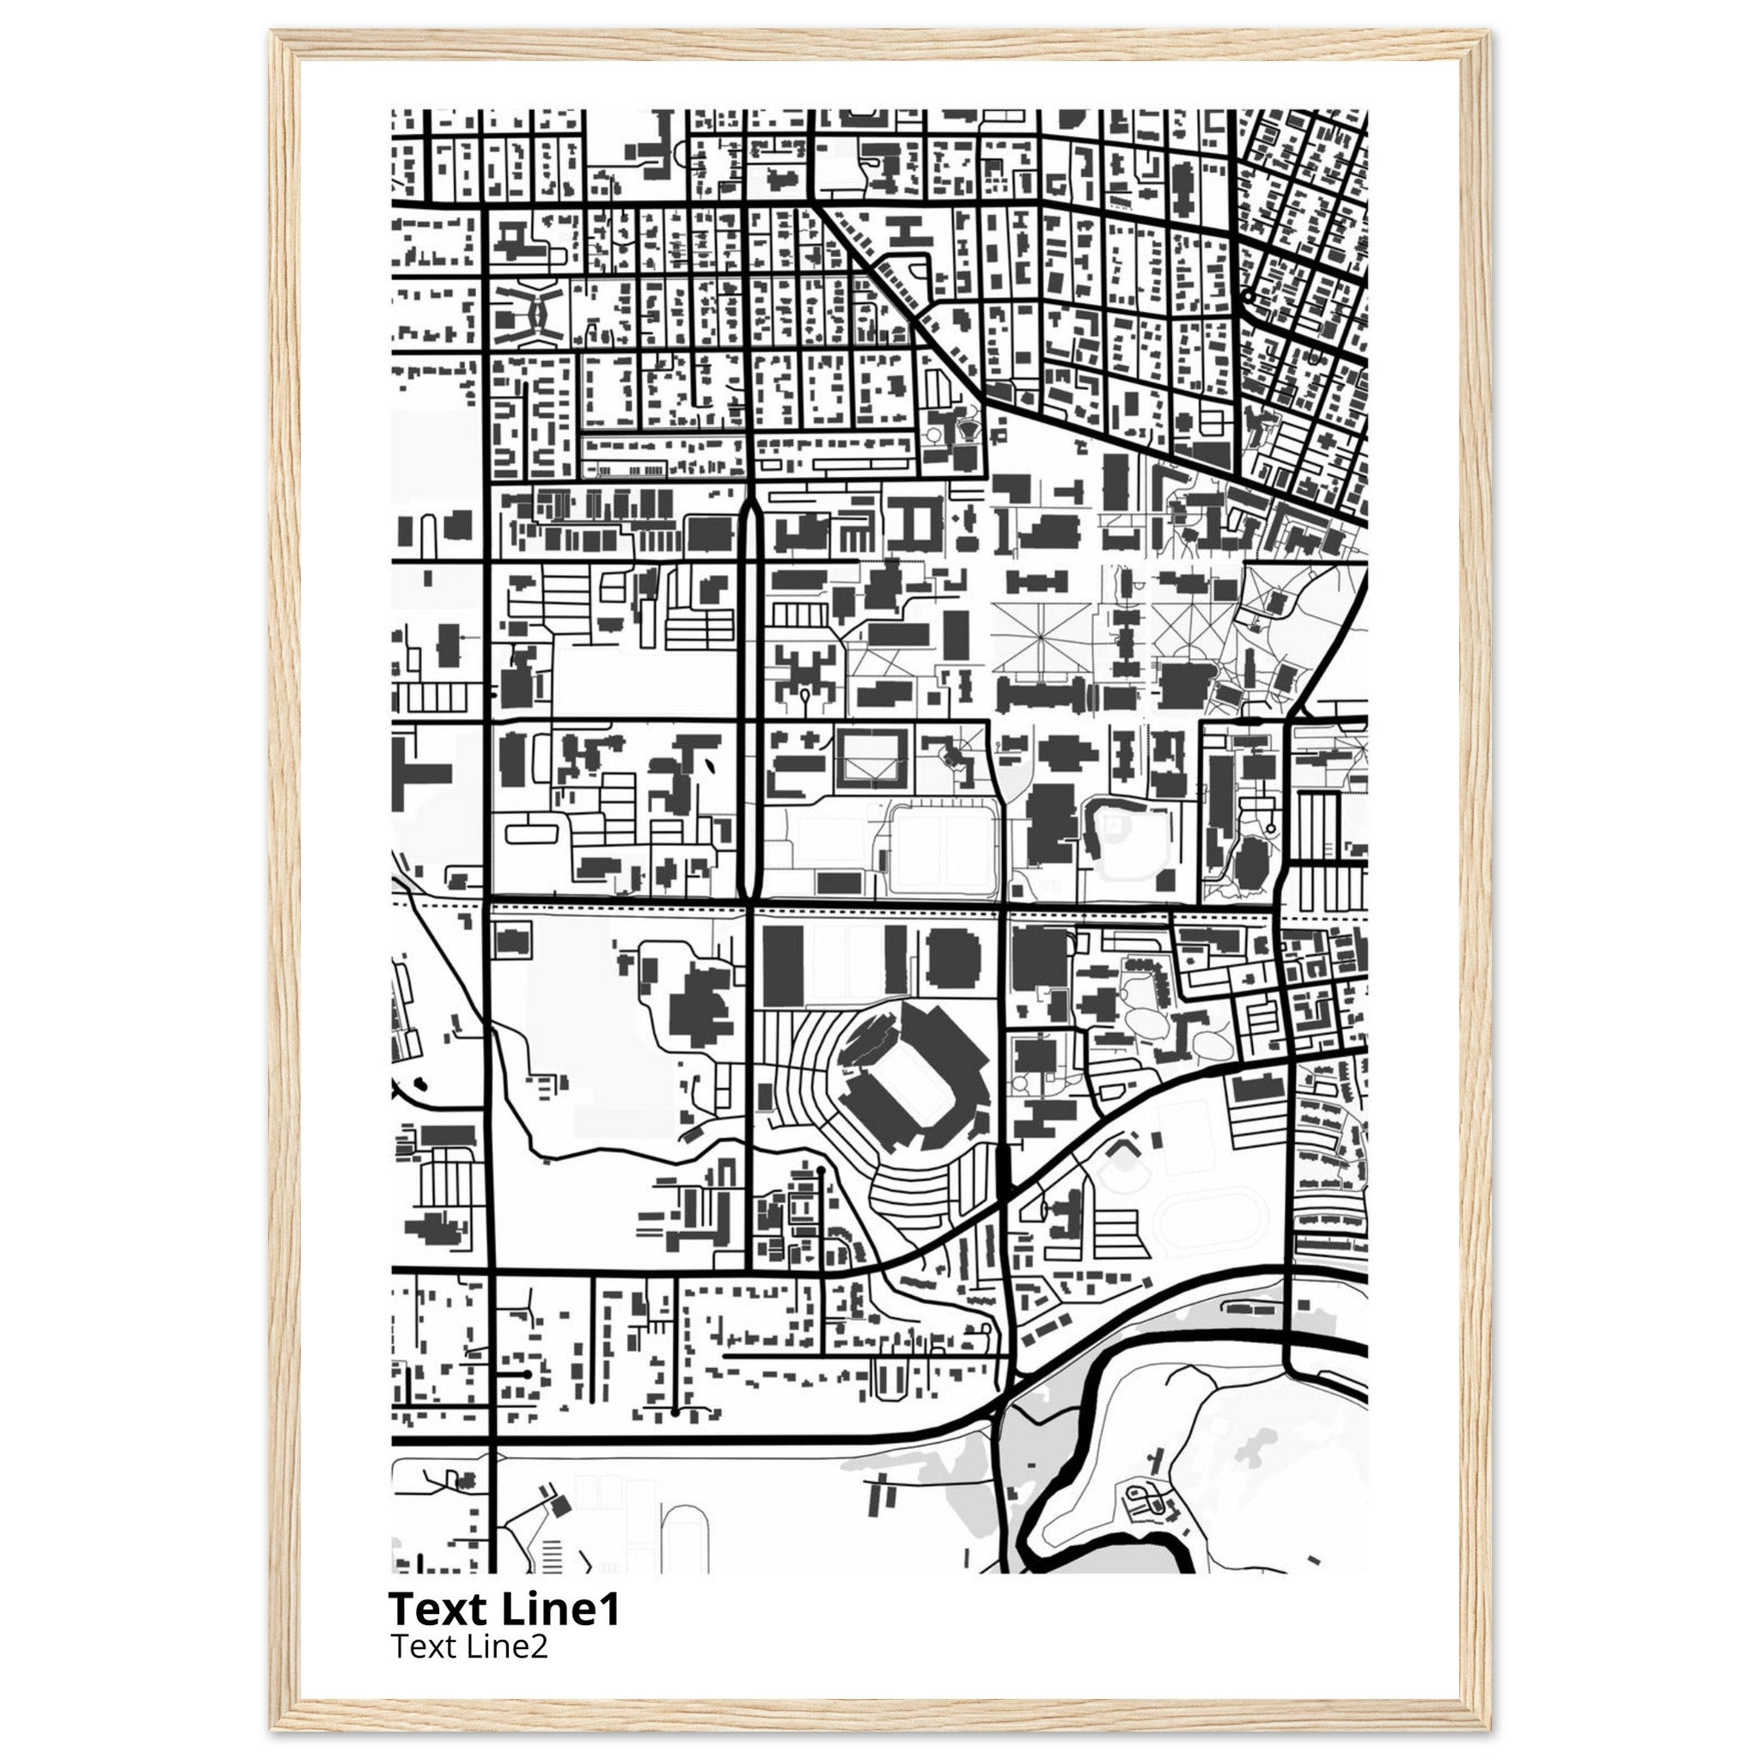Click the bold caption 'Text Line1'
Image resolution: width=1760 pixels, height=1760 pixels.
click(504, 1609)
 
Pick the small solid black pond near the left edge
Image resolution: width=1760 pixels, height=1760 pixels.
click(421, 1084)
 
